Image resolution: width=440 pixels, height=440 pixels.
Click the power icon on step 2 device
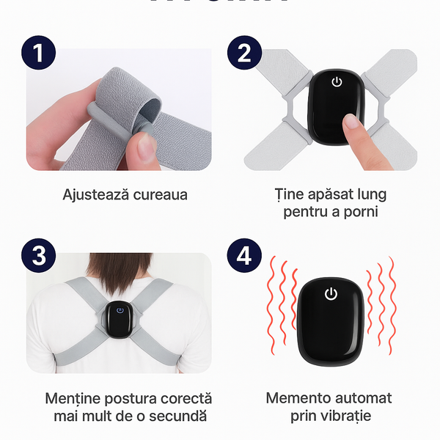[337, 81]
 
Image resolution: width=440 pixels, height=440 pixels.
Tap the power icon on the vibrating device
[331, 294]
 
